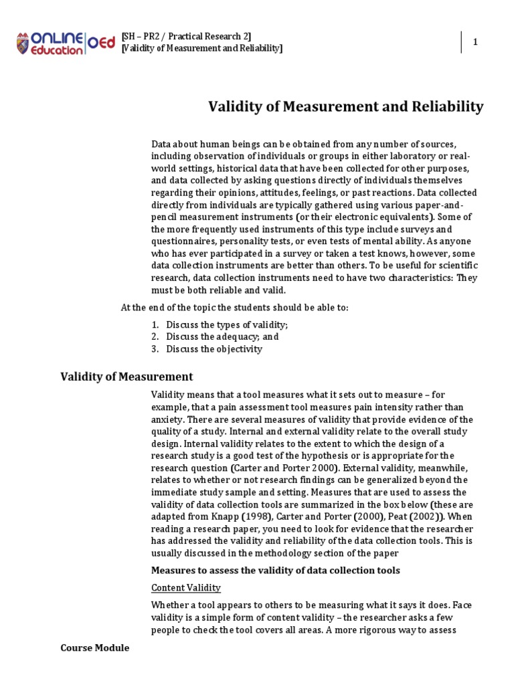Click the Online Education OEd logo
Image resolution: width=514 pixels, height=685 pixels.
[66, 41]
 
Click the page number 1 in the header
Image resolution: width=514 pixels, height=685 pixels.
[476, 42]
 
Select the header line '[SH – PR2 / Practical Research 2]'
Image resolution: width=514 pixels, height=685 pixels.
[187, 36]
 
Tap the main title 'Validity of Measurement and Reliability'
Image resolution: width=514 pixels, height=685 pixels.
[346, 106]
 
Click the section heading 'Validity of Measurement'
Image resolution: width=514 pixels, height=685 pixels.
[126, 377]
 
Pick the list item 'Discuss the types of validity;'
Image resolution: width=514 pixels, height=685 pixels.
[227, 324]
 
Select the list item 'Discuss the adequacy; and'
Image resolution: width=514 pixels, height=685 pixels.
[222, 336]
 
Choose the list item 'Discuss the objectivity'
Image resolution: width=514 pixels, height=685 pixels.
[214, 349]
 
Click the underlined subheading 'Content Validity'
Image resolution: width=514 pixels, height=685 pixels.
[185, 587]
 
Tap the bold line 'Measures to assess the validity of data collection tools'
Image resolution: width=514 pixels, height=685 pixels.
[275, 570]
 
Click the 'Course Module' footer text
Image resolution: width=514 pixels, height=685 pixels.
[94, 648]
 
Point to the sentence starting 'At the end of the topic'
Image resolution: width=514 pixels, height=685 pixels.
[234, 307]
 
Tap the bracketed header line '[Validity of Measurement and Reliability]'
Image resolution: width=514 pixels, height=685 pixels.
[202, 48]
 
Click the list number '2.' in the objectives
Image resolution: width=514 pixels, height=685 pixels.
[155, 336]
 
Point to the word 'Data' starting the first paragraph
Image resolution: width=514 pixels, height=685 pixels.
[161, 144]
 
